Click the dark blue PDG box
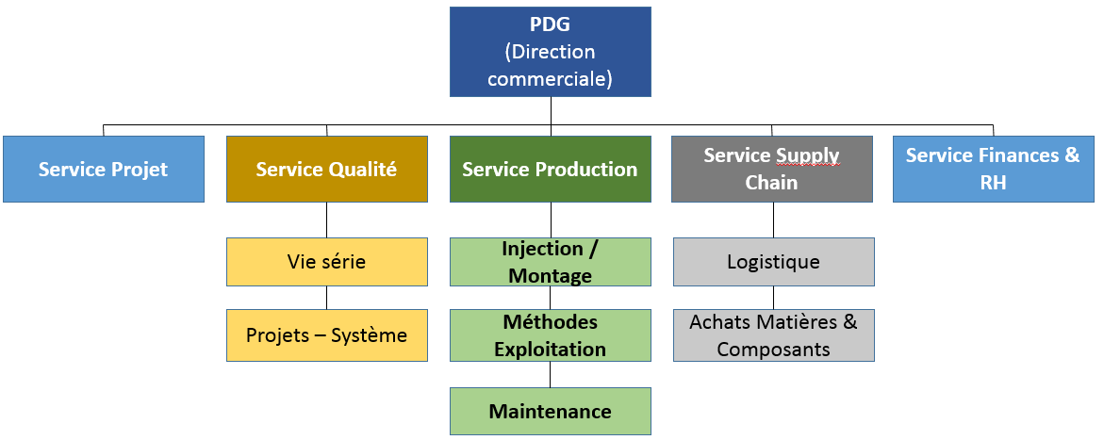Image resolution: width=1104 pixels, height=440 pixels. tap(550, 52)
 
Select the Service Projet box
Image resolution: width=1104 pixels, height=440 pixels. tap(104, 169)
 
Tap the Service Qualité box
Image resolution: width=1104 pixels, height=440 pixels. tap(327, 169)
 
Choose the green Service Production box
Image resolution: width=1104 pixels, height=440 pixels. tap(550, 169)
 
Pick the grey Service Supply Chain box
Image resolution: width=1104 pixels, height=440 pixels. tap(772, 169)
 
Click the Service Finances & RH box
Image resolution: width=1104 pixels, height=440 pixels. tap(994, 169)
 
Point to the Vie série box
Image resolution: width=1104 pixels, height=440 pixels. tap(327, 262)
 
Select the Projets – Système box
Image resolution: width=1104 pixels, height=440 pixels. tap(327, 335)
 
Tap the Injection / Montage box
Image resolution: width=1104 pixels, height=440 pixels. tap(550, 262)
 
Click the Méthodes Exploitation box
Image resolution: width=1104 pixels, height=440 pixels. tap(550, 335)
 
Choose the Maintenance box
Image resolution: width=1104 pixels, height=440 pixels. tap(550, 411)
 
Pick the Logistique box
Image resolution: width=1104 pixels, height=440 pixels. tap(774, 262)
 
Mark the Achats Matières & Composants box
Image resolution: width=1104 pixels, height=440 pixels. tap(774, 335)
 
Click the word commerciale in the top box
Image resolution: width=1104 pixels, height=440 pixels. tap(550, 78)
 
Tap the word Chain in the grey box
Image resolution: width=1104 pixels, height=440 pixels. tap(772, 183)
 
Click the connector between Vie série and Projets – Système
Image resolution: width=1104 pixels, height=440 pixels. tap(327, 298)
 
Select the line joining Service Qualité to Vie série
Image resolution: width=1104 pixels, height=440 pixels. tap(327, 220)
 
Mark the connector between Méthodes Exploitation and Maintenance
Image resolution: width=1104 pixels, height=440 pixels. tap(550, 375)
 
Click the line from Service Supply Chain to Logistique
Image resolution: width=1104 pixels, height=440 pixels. tap(774, 220)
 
